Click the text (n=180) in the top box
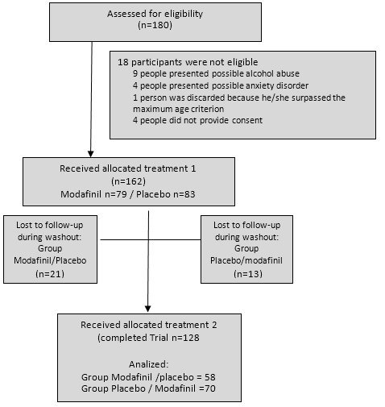pyautogui.click(x=155, y=25)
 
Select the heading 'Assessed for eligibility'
pyautogui.click(x=155, y=14)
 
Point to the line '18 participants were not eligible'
pyautogui.click(x=188, y=62)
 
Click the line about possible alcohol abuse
pyautogui.click(x=216, y=73)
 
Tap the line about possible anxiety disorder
pyautogui.click(x=221, y=85)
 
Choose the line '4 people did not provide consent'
pyautogui.click(x=197, y=120)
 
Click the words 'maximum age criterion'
pyautogui.click(x=178, y=109)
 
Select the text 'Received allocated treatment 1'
pyautogui.click(x=128, y=168)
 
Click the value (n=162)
pyautogui.click(x=128, y=181)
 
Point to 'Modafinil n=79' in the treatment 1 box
pyautogui.click(x=93, y=194)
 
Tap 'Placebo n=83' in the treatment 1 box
pyautogui.click(x=166, y=194)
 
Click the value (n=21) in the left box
pyautogui.click(x=50, y=274)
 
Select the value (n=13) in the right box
pyautogui.click(x=248, y=274)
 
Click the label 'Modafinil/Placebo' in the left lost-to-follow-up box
pyautogui.click(x=50, y=260)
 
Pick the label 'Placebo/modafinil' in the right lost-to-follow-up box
pyautogui.click(x=246, y=260)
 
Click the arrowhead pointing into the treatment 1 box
pyautogui.click(x=91, y=154)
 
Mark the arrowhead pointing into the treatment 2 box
pyautogui.click(x=147, y=309)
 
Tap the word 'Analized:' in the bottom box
pyautogui.click(x=149, y=364)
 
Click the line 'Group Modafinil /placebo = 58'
pyautogui.click(x=148, y=377)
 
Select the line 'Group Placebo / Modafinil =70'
pyautogui.click(x=148, y=388)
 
